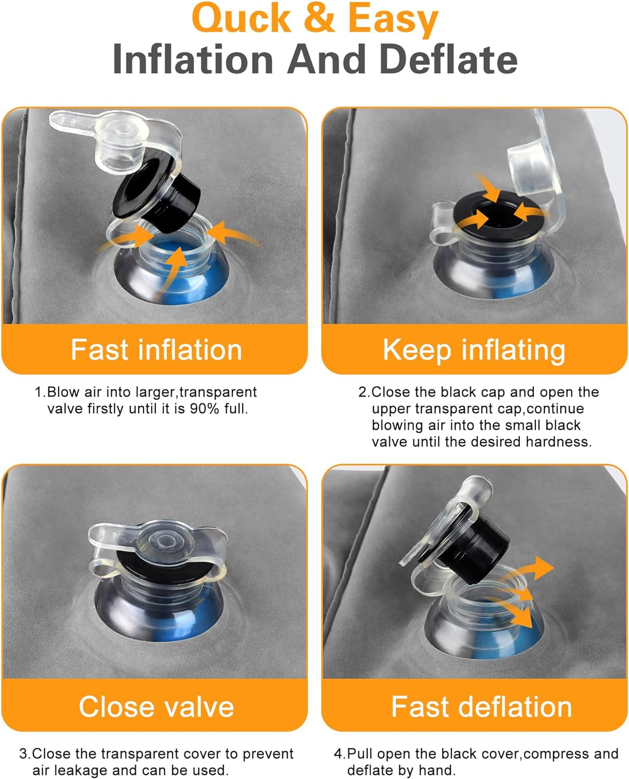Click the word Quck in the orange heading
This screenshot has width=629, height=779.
pos(242,18)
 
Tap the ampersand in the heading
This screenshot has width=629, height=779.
pos(319,18)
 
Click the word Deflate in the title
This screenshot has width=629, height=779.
pos(449,59)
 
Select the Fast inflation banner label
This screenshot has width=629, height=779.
pos(156,350)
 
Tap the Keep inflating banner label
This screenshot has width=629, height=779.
pos(474,351)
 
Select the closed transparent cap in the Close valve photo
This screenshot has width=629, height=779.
pos(157,543)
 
